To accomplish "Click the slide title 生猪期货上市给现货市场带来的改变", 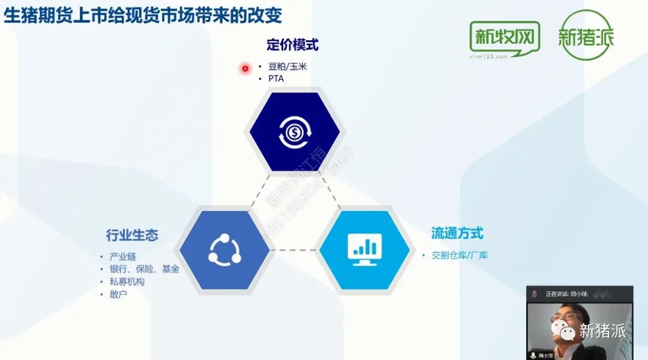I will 143,15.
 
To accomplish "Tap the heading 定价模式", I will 292,44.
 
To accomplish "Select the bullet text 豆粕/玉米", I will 287,67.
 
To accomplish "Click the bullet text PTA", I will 276,79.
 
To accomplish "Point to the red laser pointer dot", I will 245,68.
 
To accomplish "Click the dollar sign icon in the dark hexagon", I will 294,133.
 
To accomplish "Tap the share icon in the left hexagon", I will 224,250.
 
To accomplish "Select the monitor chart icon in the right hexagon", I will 365,250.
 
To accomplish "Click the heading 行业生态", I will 132,235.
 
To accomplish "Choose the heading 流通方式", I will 457,233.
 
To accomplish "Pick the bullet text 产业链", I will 123,257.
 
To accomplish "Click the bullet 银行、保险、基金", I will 144,269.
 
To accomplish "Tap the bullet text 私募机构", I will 127,281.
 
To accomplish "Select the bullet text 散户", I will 118,294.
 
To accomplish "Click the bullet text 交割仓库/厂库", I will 460,256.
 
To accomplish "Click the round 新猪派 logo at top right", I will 586,35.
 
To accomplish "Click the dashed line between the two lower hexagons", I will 295,250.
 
